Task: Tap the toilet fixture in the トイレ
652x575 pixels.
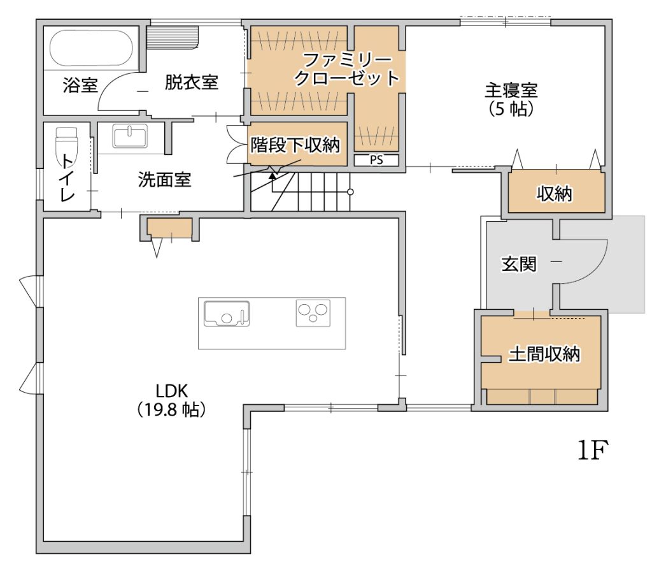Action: pos(66,143)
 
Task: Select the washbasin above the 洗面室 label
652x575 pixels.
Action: pos(130,136)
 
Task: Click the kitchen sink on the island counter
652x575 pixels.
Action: pos(227,314)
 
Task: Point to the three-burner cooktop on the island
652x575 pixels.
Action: pos(313,313)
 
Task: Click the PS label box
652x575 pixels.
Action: pos(376,160)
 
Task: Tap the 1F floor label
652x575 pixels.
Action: pos(593,450)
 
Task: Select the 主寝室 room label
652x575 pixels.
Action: pos(511,91)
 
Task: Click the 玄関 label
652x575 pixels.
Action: pos(519,264)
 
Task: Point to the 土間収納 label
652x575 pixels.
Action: pos(544,354)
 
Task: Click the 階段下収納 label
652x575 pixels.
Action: pos(295,145)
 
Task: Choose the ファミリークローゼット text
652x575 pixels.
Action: pos(347,69)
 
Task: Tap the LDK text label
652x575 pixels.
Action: pos(172,391)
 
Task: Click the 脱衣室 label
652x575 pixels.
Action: pos(191,82)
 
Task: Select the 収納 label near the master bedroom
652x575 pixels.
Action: pos(555,194)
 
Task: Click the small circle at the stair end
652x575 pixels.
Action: pos(351,192)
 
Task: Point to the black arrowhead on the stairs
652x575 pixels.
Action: pos(272,176)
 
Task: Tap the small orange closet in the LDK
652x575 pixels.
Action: pos(169,228)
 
